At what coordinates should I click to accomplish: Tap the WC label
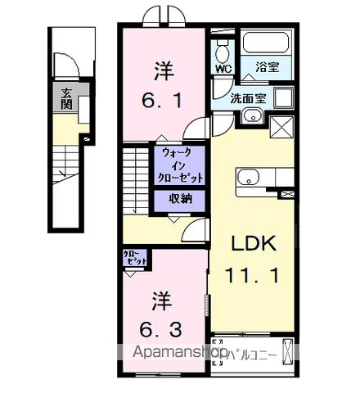click(221, 69)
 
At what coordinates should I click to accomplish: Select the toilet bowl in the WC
click(221, 47)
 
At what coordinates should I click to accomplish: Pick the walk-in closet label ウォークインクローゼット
click(178, 165)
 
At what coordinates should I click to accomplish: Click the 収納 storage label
click(180, 199)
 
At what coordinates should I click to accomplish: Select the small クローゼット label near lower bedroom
click(136, 256)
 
